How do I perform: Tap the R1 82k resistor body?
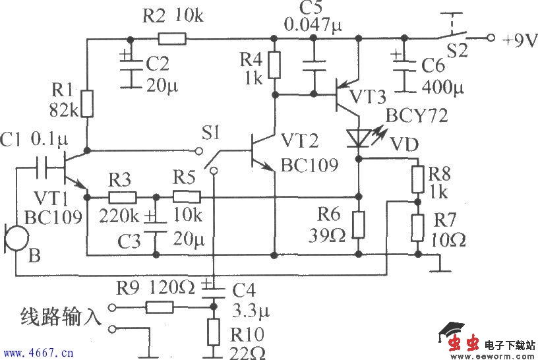pyautogui.click(x=87, y=104)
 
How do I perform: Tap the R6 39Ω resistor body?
pyautogui.click(x=358, y=224)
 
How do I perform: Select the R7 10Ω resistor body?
pyautogui.click(x=417, y=227)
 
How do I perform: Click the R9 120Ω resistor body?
pyautogui.click(x=160, y=307)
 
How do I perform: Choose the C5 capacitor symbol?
pyautogui.click(x=314, y=63)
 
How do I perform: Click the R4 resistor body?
pyautogui.click(x=276, y=65)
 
